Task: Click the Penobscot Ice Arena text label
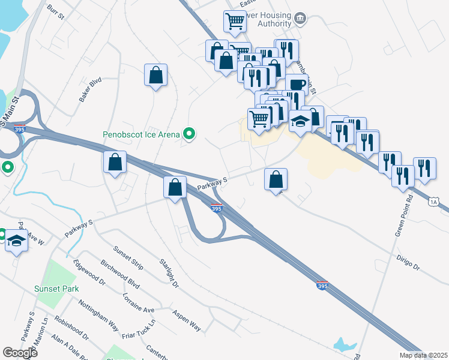point(141,134)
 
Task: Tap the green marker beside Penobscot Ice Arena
point(190,134)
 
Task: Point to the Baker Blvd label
point(91,89)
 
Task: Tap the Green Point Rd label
point(404,215)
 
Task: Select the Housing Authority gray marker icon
point(301,20)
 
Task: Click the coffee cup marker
point(296,83)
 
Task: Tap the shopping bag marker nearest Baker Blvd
point(155,76)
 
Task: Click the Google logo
point(20,353)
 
